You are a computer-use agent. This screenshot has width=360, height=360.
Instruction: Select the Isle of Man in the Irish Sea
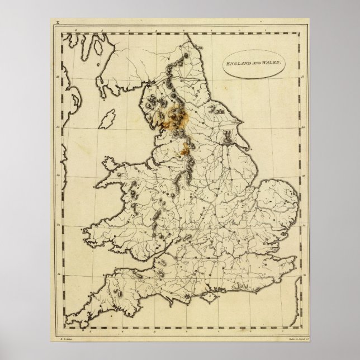(106, 120)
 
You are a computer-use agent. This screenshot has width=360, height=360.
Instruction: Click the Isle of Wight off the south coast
(210, 299)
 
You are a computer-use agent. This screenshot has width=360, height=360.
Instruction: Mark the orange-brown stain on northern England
(178, 117)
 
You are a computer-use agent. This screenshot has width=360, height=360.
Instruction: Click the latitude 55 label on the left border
(59, 77)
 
